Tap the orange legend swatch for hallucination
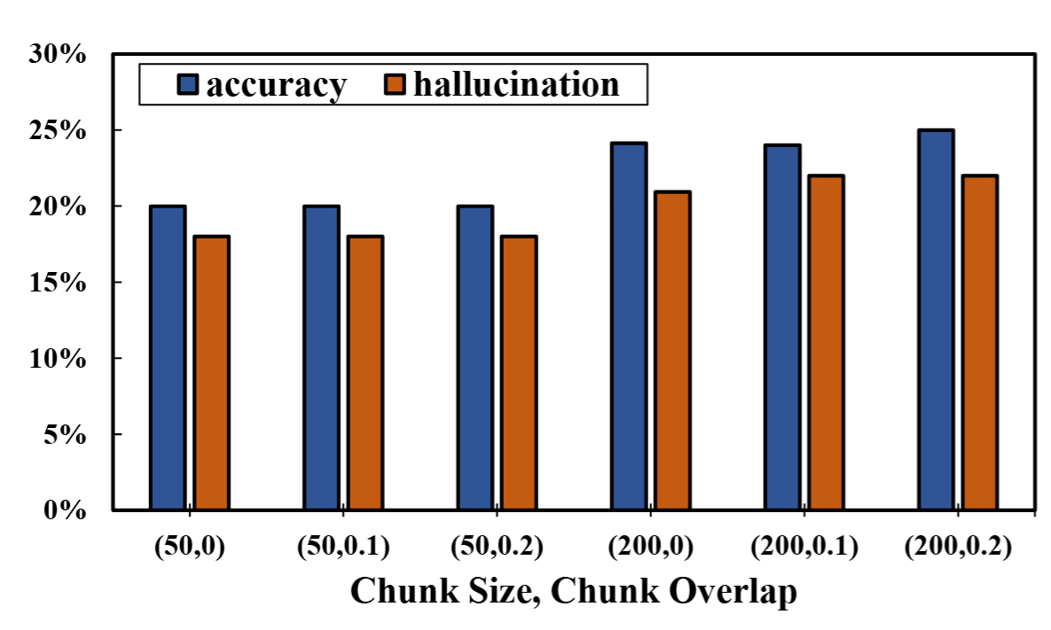(396, 84)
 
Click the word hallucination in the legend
(516, 83)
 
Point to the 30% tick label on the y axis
(57, 55)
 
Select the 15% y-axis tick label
(57, 283)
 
